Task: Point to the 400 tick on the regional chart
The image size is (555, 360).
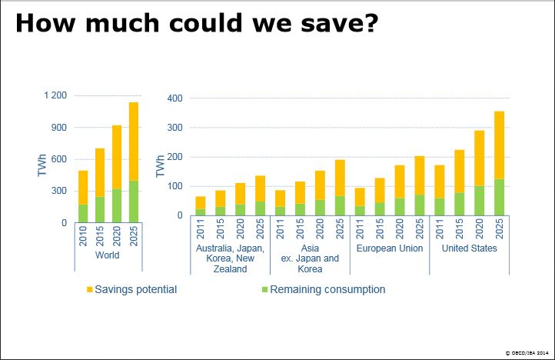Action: (x=174, y=98)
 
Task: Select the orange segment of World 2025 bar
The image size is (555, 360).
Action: (x=135, y=142)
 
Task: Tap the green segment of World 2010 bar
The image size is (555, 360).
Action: (x=83, y=213)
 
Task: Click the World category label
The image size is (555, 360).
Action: (x=108, y=255)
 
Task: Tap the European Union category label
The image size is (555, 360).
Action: (x=389, y=248)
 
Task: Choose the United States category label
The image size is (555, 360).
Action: (x=470, y=248)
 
